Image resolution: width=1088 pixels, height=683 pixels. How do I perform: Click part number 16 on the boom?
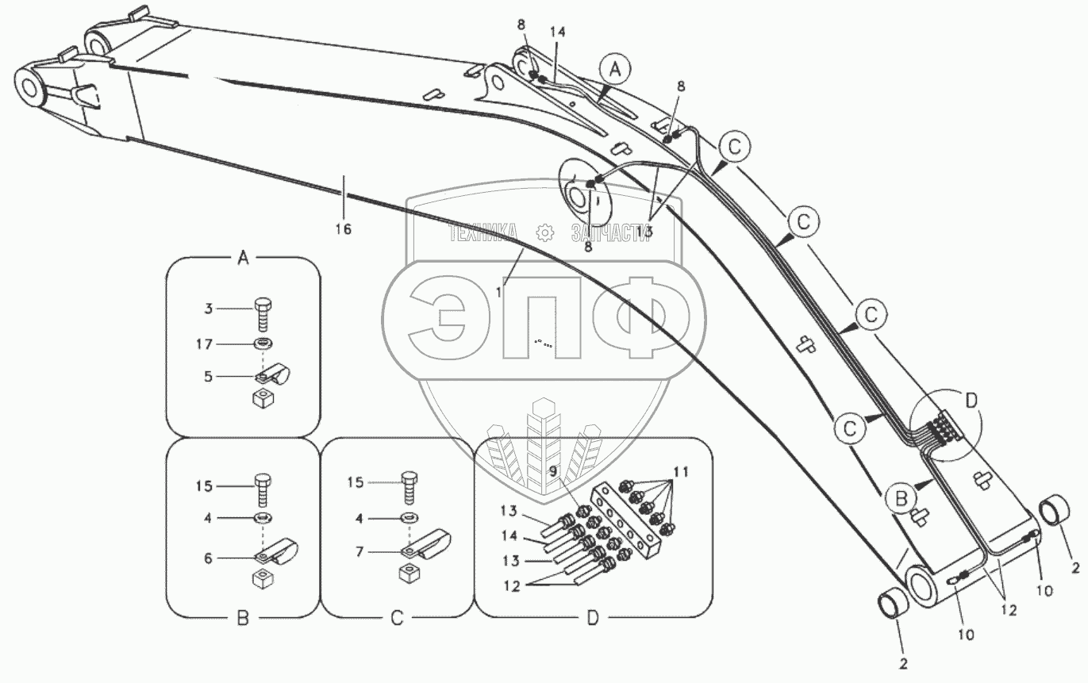pyautogui.click(x=343, y=228)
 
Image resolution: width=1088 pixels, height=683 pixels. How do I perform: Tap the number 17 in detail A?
pyautogui.click(x=204, y=343)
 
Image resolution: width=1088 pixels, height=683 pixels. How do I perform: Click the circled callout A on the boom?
pyautogui.click(x=616, y=69)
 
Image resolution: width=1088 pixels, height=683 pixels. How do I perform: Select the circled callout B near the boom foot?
pyautogui.click(x=900, y=500)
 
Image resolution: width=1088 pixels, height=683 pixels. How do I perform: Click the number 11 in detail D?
pyautogui.click(x=681, y=471)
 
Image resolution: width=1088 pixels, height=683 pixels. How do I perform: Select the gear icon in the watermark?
pyautogui.click(x=544, y=232)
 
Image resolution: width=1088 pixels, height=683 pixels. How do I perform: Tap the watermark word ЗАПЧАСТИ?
pyautogui.click(x=609, y=232)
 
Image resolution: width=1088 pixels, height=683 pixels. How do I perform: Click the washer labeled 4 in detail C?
pyautogui.click(x=409, y=517)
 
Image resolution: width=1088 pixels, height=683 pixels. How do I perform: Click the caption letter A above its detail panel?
pyautogui.click(x=244, y=257)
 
